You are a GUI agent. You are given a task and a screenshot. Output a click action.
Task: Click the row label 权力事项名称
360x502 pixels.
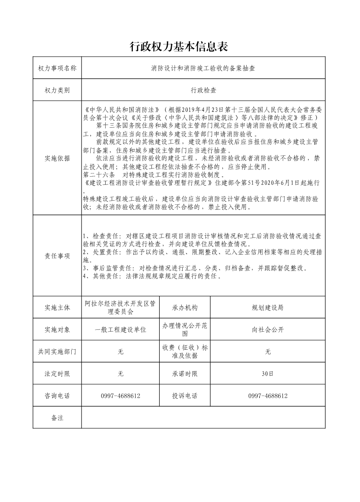click(57, 68)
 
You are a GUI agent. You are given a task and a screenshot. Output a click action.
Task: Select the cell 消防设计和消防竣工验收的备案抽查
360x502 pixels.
click(203, 68)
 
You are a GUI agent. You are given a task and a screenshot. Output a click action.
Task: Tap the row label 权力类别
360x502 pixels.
click(57, 90)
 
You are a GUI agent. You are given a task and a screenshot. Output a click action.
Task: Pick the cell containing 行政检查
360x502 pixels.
click(203, 90)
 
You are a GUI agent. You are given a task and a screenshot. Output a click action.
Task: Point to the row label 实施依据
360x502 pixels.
click(57, 158)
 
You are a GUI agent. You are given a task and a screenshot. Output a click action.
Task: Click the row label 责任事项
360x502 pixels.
click(57, 256)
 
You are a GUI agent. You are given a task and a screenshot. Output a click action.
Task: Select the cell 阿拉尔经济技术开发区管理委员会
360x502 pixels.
click(121, 308)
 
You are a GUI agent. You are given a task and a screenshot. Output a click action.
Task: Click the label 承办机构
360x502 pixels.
click(185, 308)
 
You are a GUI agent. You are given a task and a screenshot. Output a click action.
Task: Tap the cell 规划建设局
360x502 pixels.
click(268, 308)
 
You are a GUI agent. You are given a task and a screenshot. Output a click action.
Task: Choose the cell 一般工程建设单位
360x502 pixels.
click(121, 329)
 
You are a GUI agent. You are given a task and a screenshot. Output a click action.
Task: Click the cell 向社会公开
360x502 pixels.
click(268, 329)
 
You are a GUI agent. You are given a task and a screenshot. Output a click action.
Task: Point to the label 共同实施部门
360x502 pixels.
click(57, 352)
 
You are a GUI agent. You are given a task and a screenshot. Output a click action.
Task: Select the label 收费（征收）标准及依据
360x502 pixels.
click(185, 352)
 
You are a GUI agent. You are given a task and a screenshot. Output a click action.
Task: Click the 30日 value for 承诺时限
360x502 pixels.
click(268, 374)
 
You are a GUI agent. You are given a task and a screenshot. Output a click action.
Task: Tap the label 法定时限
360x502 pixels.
click(57, 374)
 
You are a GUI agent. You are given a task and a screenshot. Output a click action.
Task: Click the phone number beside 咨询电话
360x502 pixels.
click(121, 396)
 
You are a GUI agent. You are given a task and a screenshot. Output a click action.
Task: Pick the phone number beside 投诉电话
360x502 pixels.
click(268, 396)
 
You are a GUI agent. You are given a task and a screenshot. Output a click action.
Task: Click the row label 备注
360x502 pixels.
click(57, 418)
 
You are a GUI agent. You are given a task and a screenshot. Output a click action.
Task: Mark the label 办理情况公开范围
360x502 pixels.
click(185, 329)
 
